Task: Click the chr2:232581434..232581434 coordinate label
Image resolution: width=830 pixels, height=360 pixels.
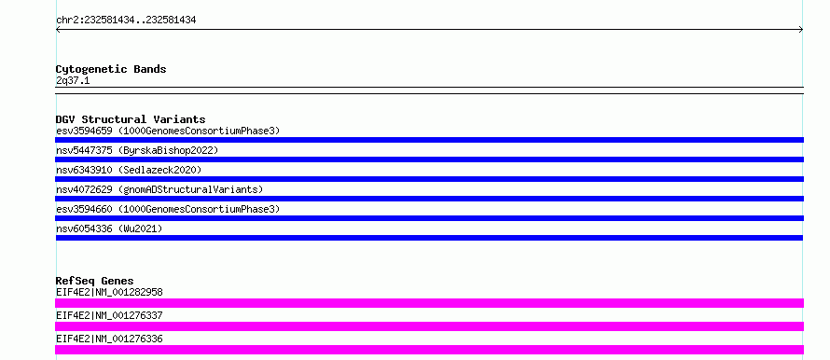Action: [126, 21]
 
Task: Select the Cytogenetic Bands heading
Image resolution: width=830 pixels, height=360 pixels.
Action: [111, 69]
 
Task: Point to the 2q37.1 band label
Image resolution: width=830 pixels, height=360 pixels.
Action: [73, 80]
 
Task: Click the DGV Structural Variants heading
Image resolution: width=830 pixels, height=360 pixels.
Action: [131, 119]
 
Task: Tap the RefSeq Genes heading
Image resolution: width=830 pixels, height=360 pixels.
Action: [95, 281]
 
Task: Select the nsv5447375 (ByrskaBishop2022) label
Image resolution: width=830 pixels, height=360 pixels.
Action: [137, 150]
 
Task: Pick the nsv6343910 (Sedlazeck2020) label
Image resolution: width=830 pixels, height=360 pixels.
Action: [129, 170]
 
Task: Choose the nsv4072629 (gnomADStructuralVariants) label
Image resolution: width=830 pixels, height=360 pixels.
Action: [159, 189]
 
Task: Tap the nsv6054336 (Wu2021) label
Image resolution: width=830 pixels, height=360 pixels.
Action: [109, 228]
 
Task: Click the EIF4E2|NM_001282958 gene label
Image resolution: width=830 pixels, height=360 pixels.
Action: [109, 292]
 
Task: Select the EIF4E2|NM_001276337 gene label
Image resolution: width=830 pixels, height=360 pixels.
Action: [109, 315]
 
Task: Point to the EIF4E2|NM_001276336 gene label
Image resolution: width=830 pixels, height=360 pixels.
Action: [109, 339]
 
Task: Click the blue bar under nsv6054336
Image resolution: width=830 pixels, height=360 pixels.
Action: [429, 238]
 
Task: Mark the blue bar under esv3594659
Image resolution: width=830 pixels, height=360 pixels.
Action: [429, 140]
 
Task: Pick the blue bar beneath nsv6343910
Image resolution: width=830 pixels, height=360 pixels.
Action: [429, 179]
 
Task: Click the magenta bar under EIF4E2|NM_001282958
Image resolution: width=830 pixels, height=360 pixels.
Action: [429, 303]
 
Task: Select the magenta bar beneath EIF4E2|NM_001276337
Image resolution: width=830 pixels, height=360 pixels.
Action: [429, 326]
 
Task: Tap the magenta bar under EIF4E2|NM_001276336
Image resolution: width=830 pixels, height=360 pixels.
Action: [429, 350]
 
